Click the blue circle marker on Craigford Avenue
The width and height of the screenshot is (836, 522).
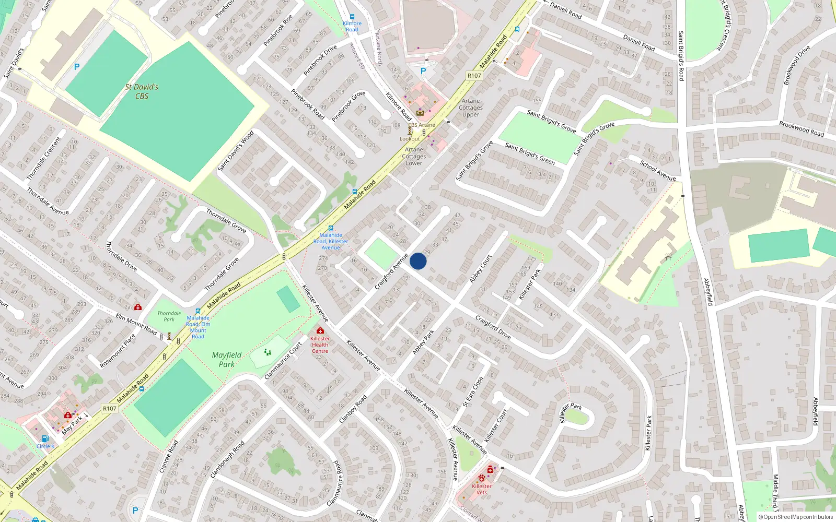tap(418, 261)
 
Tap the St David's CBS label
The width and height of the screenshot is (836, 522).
tap(142, 91)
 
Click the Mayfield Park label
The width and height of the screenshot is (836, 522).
tap(227, 360)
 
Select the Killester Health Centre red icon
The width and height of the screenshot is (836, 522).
tap(320, 330)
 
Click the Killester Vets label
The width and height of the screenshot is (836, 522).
tap(481, 489)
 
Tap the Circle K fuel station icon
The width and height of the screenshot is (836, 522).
tap(45, 438)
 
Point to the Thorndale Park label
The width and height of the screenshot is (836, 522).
tap(169, 316)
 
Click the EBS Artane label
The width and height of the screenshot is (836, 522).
tap(421, 125)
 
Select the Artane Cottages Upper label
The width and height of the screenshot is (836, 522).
tap(471, 108)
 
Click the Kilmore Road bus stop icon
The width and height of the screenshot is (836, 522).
tap(352, 17)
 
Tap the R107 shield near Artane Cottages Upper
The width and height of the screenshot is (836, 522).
tap(474, 76)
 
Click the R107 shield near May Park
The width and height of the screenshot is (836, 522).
tap(109, 409)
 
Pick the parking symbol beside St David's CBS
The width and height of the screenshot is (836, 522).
tap(77, 67)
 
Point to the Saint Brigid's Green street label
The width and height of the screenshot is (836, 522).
tap(530, 153)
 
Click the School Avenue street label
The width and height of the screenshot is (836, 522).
tap(658, 170)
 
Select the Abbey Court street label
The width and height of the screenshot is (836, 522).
tap(481, 269)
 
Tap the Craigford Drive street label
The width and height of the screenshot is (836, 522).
tap(493, 327)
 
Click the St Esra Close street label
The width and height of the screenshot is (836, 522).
tap(473, 391)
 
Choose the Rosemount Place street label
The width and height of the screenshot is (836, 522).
tap(118, 351)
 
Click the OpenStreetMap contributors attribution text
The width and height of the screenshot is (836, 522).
tap(796, 517)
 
